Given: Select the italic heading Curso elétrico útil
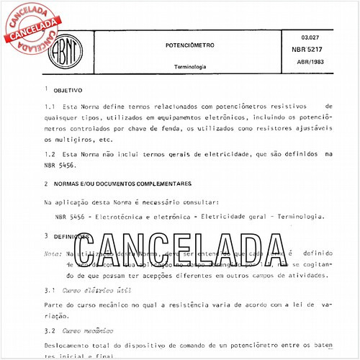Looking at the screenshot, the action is point(90,291).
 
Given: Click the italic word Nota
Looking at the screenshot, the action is point(53,253).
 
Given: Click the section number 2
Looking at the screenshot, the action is point(45,184).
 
